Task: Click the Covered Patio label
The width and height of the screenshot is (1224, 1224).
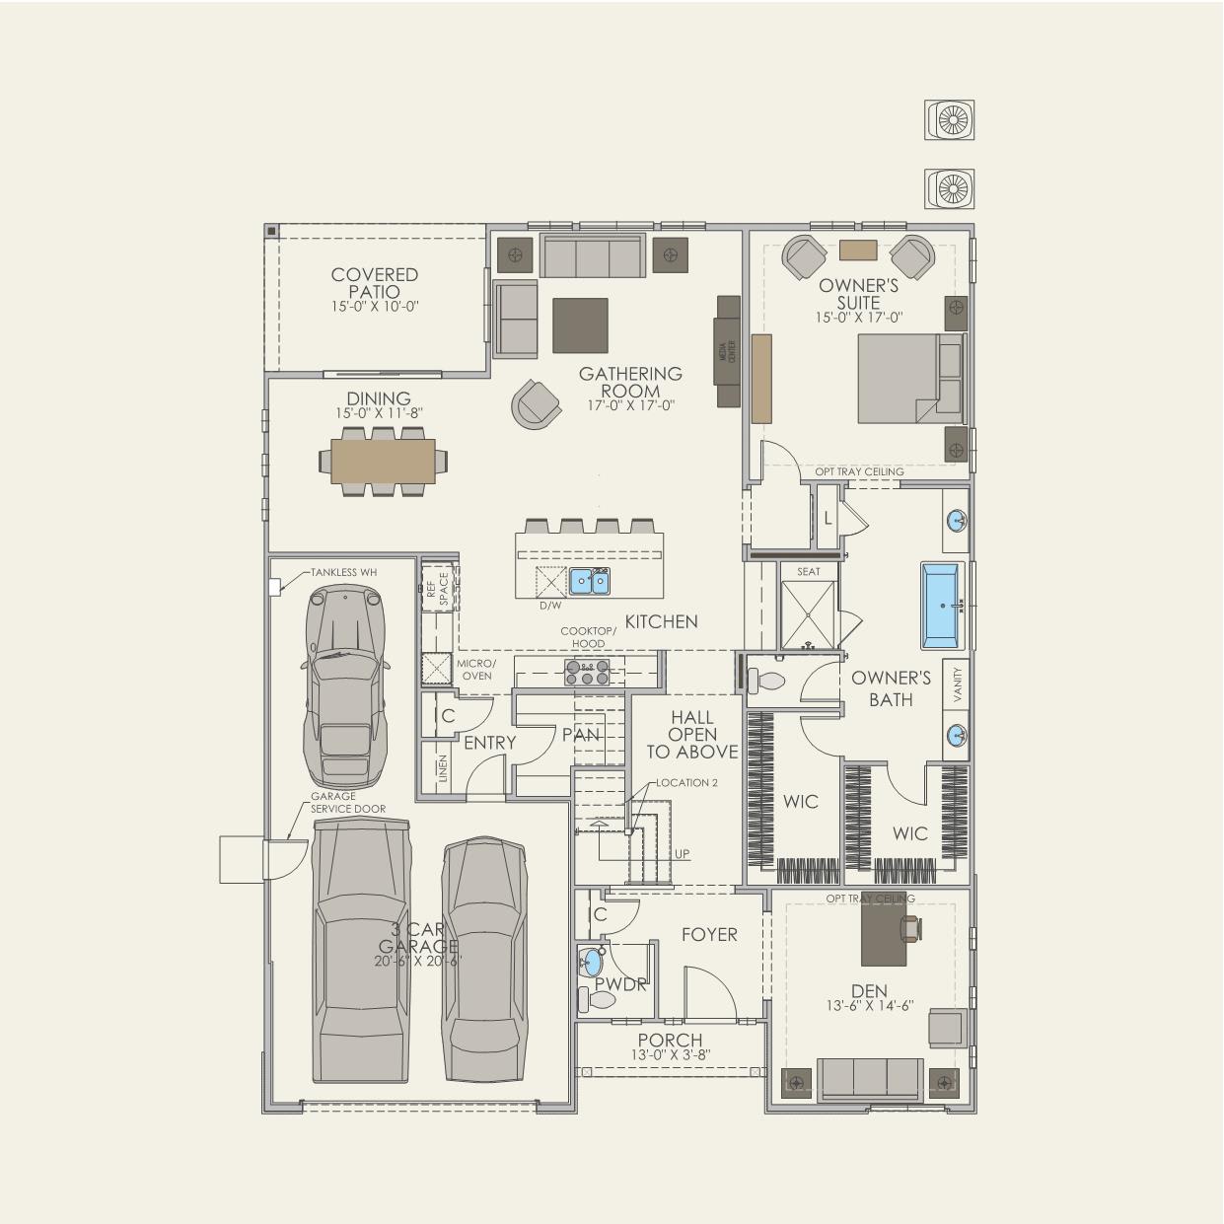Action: tap(374, 283)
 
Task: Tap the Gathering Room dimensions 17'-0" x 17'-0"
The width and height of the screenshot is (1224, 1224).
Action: tap(630, 405)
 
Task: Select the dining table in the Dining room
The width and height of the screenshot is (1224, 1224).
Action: tap(382, 461)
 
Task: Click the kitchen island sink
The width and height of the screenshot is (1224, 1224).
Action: tap(589, 581)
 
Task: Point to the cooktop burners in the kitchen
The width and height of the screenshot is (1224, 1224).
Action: tap(586, 672)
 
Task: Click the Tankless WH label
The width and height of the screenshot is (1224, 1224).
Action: tap(343, 572)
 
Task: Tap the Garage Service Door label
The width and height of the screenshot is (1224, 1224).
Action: tap(347, 803)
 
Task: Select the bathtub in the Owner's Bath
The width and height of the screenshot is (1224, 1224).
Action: tap(944, 606)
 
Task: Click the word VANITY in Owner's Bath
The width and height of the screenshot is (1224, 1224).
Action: tap(957, 684)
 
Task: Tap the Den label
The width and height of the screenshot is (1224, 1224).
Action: tap(869, 990)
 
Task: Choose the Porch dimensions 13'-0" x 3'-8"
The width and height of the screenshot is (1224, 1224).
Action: tap(671, 1054)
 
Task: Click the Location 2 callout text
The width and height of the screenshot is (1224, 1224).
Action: tap(686, 782)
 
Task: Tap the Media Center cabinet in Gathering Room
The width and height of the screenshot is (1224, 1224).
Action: tap(728, 351)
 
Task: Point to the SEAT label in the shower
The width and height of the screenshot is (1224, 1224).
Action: tap(808, 571)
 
